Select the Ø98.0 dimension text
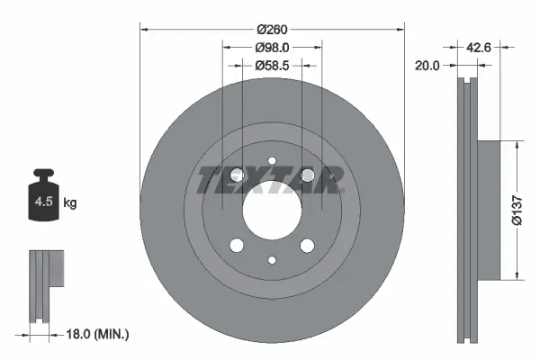[x=271, y=47]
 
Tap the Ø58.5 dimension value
[x=271, y=65]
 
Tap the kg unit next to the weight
[x=70, y=203]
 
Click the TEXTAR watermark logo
[x=271, y=180]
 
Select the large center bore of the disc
[x=271, y=211]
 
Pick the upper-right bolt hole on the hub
[x=307, y=175]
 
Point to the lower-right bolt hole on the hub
[x=307, y=246]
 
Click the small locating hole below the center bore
[x=271, y=260]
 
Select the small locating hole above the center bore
[x=271, y=163]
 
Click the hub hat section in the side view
[x=487, y=209]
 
